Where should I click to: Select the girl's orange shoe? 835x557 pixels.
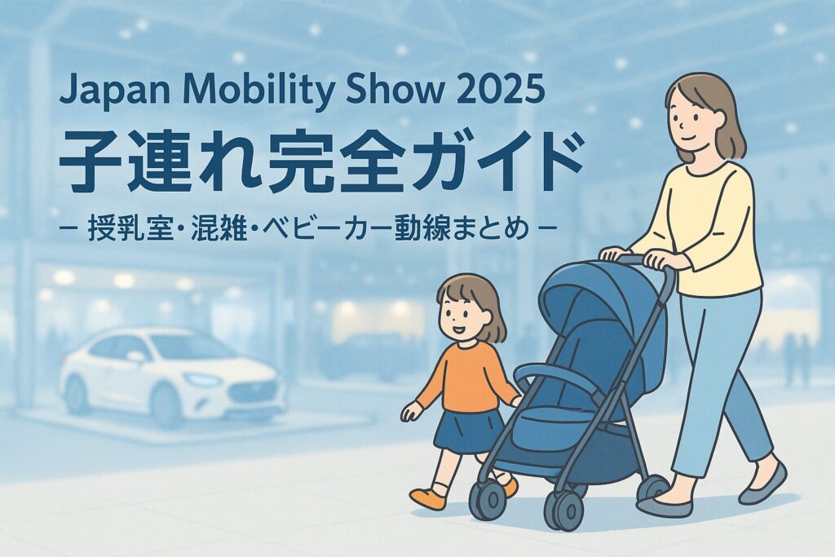tap(427, 498)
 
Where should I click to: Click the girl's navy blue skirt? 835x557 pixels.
tap(468, 430)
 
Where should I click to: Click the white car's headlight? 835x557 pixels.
tap(203, 380)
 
